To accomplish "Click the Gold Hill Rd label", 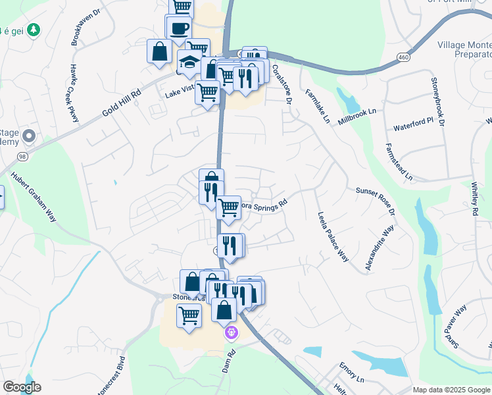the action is (122, 105).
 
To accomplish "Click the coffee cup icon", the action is (179, 28).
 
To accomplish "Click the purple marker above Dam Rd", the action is (231, 333).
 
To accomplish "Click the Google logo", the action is (22, 387).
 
